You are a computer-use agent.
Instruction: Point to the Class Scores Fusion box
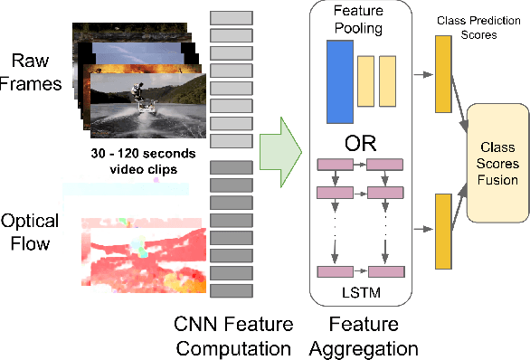497,164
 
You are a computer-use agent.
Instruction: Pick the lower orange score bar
443,232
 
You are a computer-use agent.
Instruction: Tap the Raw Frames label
32,73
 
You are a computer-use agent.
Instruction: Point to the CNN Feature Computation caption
233,336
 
